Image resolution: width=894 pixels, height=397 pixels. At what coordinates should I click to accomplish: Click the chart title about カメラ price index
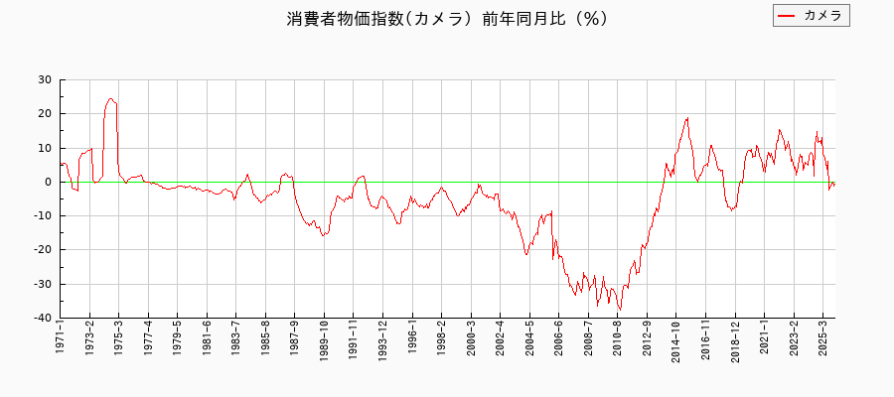click(x=447, y=19)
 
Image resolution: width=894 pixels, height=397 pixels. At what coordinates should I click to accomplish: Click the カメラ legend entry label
click(x=822, y=15)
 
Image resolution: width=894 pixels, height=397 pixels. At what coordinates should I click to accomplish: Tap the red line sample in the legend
click(x=787, y=15)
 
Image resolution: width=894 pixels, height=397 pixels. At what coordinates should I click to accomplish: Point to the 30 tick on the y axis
click(x=46, y=79)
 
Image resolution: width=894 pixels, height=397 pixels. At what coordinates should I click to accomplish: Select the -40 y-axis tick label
click(x=43, y=318)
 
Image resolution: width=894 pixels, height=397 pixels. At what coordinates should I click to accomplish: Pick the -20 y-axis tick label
click(x=43, y=250)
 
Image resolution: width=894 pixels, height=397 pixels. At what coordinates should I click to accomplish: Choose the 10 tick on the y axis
click(x=46, y=148)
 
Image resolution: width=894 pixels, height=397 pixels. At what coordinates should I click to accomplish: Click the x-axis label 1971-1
click(x=61, y=339)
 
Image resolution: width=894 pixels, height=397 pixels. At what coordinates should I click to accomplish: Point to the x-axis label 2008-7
click(x=588, y=339)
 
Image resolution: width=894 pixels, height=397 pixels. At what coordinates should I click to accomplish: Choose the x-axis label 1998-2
click(x=441, y=339)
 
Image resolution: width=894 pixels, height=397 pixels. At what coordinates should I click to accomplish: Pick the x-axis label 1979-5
click(x=178, y=339)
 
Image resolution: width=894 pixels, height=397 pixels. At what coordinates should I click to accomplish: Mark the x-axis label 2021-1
click(x=764, y=339)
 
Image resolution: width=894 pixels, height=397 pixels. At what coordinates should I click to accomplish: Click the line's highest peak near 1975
click(x=111, y=98)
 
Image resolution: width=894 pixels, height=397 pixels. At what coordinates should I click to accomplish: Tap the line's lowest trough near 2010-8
click(x=620, y=311)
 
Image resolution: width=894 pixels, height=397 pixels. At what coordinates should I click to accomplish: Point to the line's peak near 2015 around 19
click(x=686, y=117)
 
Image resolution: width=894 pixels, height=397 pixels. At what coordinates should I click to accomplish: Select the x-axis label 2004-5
click(x=529, y=339)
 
